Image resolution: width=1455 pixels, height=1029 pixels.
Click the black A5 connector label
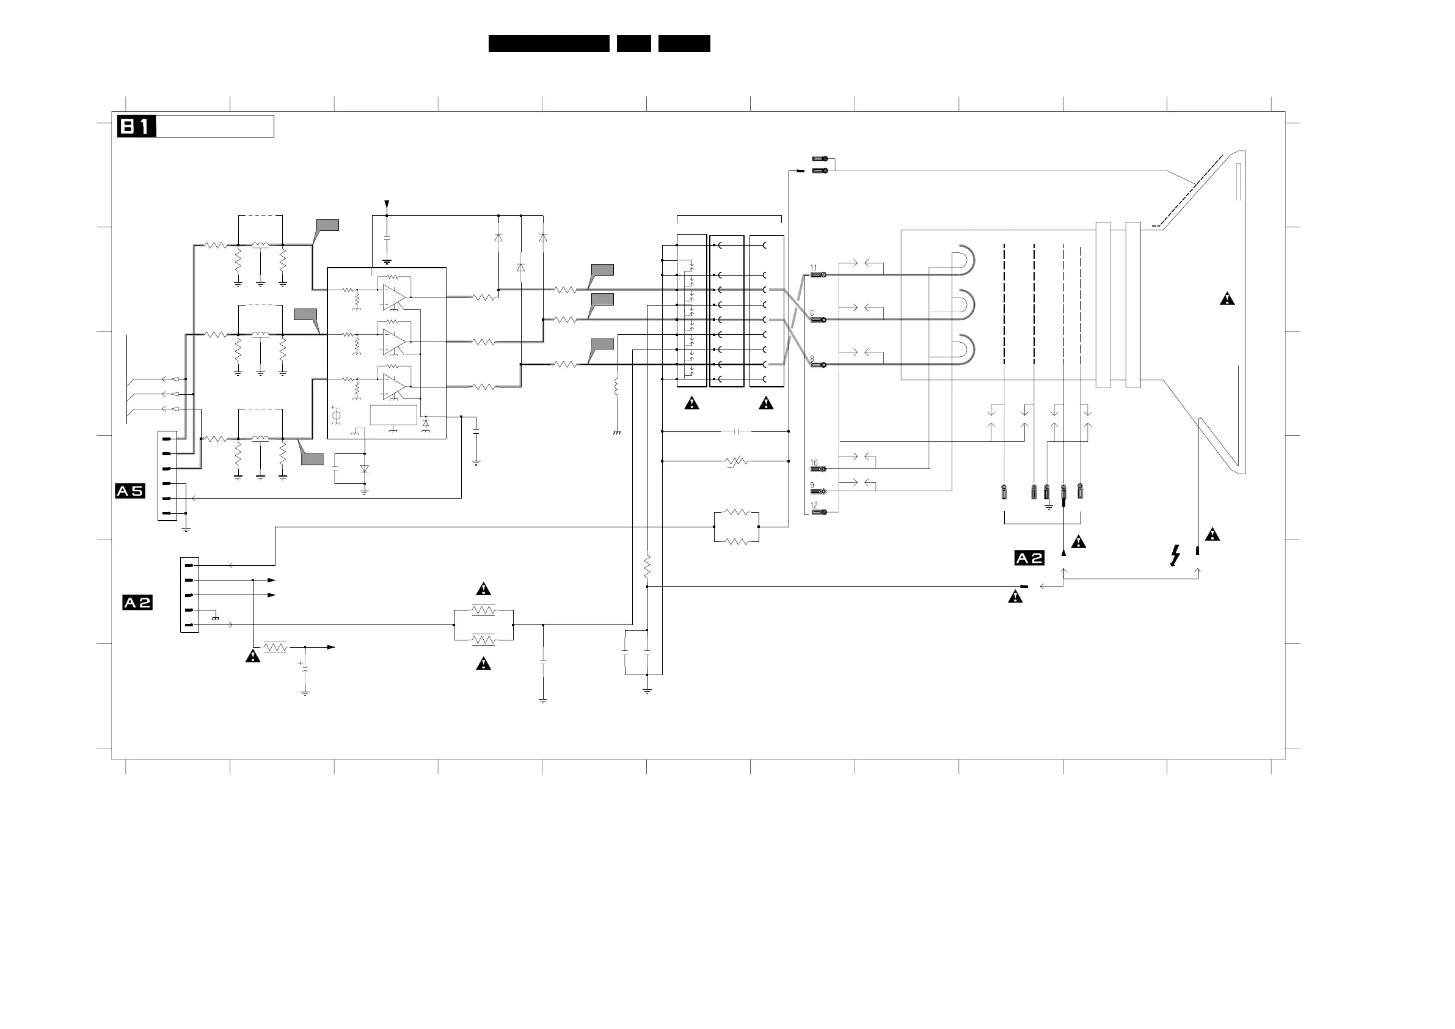[x=130, y=491]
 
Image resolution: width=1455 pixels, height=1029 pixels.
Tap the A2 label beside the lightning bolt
[x=1029, y=558]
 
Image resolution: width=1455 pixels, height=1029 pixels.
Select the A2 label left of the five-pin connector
[x=137, y=602]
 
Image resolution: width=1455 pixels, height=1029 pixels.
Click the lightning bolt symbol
[x=1175, y=555]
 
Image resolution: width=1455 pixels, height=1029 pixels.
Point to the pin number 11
[x=814, y=268]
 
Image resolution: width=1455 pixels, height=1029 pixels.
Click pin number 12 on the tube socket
[x=814, y=505]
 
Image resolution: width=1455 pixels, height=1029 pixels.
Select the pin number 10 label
[x=814, y=463]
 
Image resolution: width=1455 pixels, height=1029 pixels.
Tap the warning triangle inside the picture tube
[x=1227, y=299]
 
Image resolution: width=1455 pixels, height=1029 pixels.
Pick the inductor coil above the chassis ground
[x=616, y=387]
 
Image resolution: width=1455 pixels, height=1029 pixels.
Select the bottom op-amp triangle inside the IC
[x=393, y=385]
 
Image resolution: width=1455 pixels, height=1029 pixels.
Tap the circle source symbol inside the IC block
[x=337, y=416]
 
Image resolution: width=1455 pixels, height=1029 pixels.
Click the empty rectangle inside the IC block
[x=393, y=415]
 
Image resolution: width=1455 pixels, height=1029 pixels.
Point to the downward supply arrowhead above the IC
[x=387, y=205]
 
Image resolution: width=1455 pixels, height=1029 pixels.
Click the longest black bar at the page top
[x=549, y=43]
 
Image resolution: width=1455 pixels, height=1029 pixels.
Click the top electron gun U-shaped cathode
[x=964, y=260]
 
